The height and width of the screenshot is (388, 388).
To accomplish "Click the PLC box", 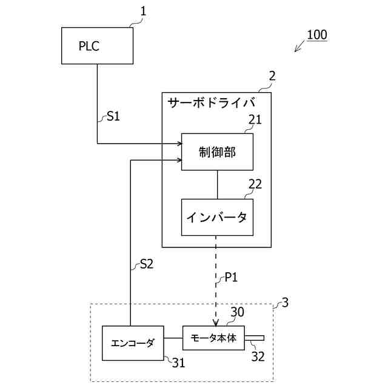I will point(97,45).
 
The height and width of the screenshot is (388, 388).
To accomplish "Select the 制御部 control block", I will point(217,152).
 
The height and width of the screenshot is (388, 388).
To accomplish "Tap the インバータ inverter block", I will point(217,217).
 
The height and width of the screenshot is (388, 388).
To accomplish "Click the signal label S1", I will point(113,116).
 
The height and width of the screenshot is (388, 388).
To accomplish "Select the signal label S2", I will point(147,264).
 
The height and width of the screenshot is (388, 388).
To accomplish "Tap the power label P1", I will point(231,278).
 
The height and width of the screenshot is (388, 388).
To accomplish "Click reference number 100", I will point(316,35).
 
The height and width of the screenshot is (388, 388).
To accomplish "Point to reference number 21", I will point(255,119).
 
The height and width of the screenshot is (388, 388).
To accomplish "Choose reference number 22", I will point(256,184).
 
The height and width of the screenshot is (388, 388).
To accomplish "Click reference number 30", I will point(237,312).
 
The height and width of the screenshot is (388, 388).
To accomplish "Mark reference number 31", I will point(178,363).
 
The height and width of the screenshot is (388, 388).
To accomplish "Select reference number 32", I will point(258,357).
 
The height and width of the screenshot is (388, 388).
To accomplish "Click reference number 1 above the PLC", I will point(143,10).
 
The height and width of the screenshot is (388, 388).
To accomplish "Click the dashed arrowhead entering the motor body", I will point(216,323).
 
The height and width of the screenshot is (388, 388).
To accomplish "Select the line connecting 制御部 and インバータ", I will point(217,184).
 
